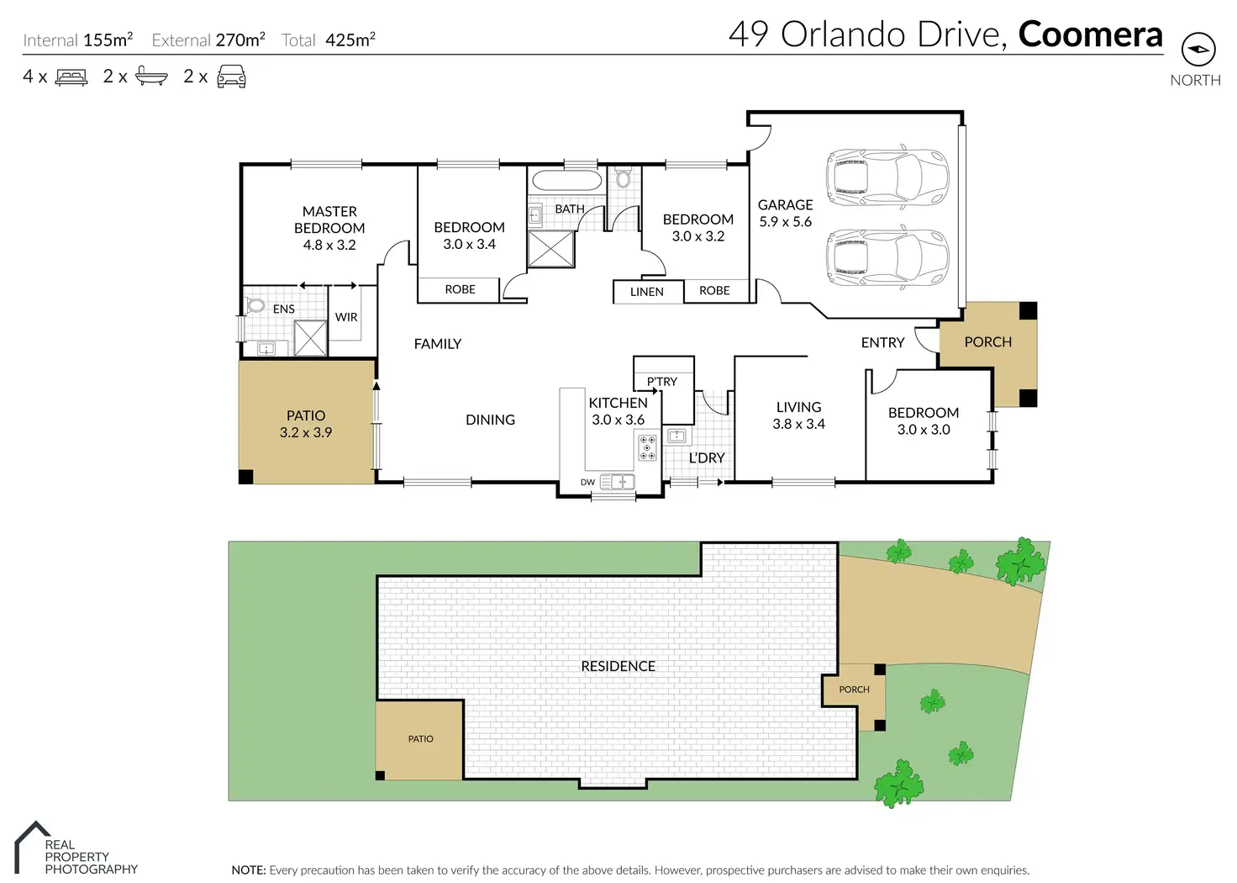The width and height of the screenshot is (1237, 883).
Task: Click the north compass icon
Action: point(1198,49)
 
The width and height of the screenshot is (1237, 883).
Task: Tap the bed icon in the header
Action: point(71,77)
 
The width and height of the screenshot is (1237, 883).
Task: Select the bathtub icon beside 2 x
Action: point(151,76)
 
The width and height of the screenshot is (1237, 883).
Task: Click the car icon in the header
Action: point(231,77)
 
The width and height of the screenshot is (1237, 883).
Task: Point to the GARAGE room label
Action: point(785,205)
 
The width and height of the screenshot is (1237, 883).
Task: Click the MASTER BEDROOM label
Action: point(329,220)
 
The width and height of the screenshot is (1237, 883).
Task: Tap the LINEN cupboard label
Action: point(647,292)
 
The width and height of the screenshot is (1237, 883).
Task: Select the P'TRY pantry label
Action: point(661,381)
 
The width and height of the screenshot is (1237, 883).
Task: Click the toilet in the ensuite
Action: point(255,305)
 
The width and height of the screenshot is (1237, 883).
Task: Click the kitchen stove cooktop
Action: point(647,447)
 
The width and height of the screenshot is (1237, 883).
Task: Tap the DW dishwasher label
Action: point(587,483)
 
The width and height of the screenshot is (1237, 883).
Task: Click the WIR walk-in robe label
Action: point(346,317)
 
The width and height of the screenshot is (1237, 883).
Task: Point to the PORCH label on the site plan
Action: point(854,690)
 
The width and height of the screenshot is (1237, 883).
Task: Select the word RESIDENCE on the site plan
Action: point(618,666)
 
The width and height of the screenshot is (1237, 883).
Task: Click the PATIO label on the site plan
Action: point(420,739)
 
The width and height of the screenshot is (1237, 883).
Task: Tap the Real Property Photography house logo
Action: point(31,847)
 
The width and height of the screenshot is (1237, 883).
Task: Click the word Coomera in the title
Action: point(1090,34)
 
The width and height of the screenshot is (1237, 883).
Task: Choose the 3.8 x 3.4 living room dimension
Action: point(798,424)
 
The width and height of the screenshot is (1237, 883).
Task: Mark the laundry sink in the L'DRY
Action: point(676,436)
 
